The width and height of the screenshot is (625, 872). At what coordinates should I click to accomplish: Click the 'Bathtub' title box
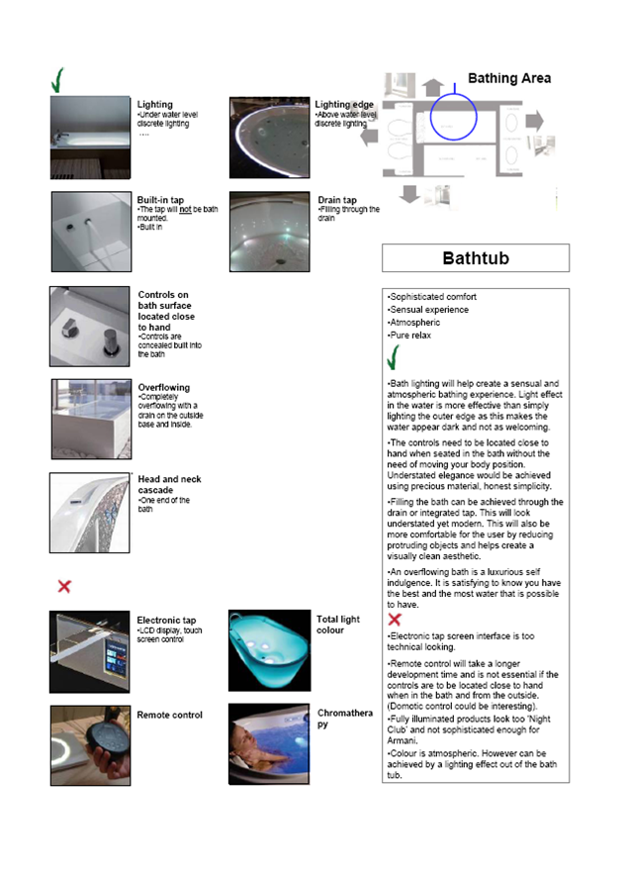[x=476, y=258]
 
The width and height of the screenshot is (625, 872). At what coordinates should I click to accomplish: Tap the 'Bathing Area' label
[x=508, y=78]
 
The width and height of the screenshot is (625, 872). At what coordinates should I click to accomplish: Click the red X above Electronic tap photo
[x=64, y=587]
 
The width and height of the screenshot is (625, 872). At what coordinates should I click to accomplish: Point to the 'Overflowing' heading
[x=164, y=387]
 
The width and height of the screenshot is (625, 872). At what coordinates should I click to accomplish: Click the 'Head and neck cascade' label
[x=169, y=485]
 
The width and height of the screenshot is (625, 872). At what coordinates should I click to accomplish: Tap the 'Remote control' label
[x=169, y=715]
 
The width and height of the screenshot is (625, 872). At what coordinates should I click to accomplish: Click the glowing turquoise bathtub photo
[x=269, y=650]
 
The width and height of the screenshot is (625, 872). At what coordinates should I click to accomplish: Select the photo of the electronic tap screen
[x=90, y=651]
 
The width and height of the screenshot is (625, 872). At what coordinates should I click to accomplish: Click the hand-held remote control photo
[x=90, y=744]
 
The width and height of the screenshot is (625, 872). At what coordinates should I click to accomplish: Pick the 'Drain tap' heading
[x=337, y=200]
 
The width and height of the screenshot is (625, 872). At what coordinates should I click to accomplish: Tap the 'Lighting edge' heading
[x=344, y=104]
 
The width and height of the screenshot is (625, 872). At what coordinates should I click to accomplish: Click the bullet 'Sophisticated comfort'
[x=432, y=297]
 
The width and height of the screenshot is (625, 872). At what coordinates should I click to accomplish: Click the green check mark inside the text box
[x=393, y=357]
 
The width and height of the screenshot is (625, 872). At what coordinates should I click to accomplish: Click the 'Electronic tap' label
[x=166, y=621]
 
